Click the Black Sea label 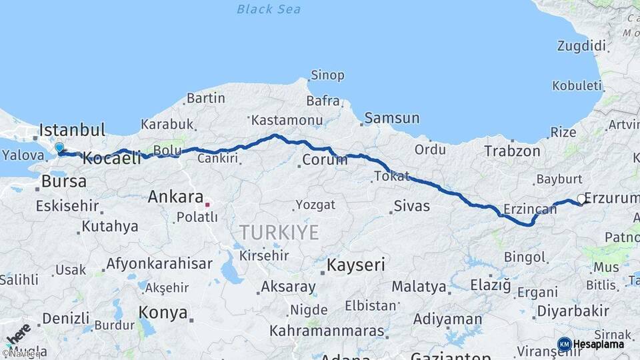coord(269,9)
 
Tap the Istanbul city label coord(73,129)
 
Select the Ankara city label coord(175,197)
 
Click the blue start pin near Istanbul coord(59,148)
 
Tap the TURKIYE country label coord(279,233)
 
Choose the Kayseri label coord(355,265)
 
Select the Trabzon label coord(512,151)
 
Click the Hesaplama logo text coord(599,345)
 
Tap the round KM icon coord(564,345)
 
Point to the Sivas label coord(411,206)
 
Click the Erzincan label coord(530,209)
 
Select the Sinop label coord(328,75)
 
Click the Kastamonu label coord(287,121)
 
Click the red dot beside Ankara coord(207,204)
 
